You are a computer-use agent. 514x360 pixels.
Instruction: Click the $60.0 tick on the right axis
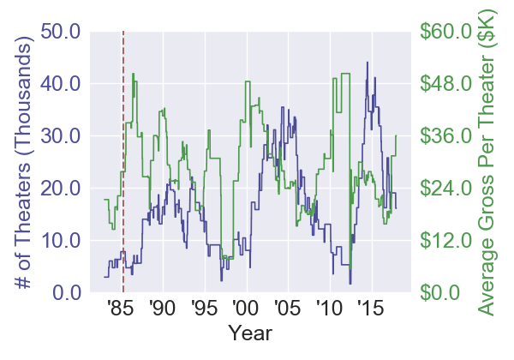click(x=445, y=32)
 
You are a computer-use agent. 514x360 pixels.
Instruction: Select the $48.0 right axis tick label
click(x=445, y=84)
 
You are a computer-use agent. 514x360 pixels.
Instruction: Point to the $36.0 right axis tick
click(x=445, y=136)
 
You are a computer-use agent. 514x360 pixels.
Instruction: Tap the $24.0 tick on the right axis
click(x=445, y=189)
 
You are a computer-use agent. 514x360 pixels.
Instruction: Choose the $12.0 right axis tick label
click(x=445, y=241)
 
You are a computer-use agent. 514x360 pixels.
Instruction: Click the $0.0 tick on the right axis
click(x=440, y=293)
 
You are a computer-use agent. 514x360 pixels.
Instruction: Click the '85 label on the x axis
click(x=120, y=309)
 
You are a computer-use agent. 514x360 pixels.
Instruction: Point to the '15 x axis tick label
click(x=370, y=309)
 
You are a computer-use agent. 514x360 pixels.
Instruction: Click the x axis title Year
click(x=251, y=332)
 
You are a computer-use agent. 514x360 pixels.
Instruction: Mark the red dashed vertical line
click(x=124, y=171)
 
